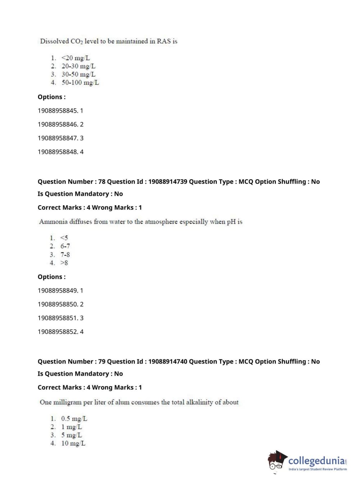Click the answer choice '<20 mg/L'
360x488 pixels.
point(76,58)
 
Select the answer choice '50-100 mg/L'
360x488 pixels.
point(80,83)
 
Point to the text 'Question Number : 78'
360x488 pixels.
point(71,182)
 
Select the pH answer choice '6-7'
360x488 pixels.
point(65,246)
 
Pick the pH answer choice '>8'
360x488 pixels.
point(64,263)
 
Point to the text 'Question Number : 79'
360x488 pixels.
point(71,362)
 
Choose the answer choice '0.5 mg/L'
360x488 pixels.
point(74,419)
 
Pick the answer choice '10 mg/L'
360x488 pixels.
point(73,443)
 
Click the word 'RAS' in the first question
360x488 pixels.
point(164,41)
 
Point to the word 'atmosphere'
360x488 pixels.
point(161,222)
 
